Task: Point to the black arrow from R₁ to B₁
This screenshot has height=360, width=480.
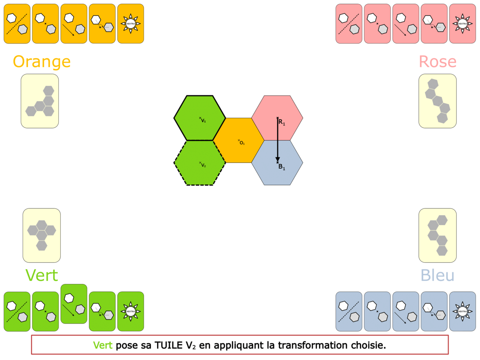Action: tap(278, 140)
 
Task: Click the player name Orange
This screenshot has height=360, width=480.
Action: tap(42, 62)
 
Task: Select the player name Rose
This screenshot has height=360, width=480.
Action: tap(438, 62)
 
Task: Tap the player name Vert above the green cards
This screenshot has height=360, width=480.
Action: tap(42, 275)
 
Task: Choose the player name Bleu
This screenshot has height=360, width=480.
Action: tap(438, 275)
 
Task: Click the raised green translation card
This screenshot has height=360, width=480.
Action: tap(74, 304)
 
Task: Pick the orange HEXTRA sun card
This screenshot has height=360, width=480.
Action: tap(130, 24)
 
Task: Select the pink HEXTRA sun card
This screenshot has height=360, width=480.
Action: tap(462, 24)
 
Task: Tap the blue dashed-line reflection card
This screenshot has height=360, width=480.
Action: tap(349, 311)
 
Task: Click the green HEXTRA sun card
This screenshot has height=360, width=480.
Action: tap(130, 311)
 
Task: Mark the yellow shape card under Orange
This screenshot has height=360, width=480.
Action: tap(40, 101)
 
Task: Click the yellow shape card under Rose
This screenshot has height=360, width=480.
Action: tap(438, 101)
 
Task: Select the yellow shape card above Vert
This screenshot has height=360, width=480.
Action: tap(42, 235)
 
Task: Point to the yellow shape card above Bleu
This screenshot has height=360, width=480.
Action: tap(438, 235)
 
